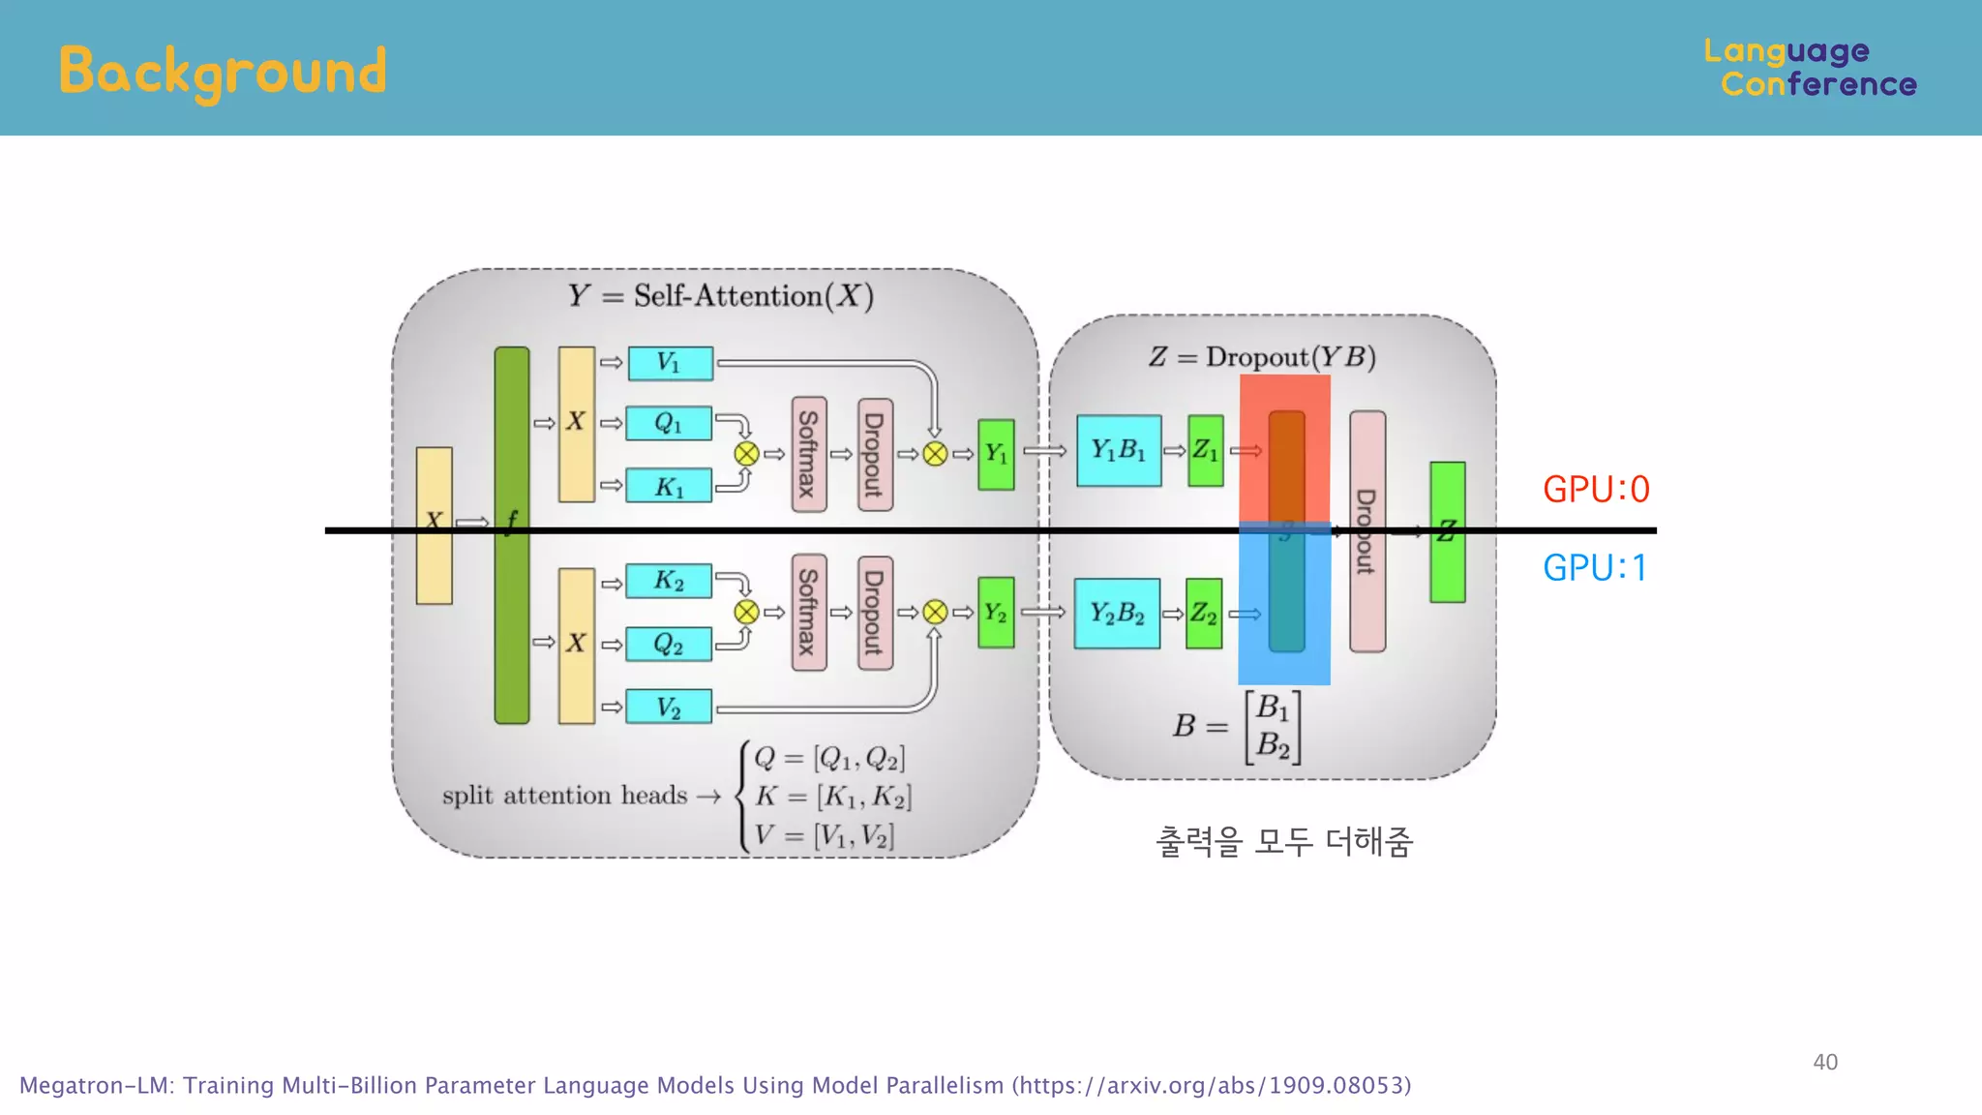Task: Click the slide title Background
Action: [223, 72]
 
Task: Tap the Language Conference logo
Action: [1810, 68]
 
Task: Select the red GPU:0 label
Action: [1596, 490]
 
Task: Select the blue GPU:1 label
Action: [1595, 567]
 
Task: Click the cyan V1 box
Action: [670, 363]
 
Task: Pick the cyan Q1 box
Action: [669, 423]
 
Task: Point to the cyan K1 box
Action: [669, 486]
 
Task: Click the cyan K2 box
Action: [669, 581]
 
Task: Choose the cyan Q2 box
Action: [669, 644]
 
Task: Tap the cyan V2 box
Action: [669, 707]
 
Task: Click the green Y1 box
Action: [996, 454]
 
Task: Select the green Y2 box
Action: [996, 613]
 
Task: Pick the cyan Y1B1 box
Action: [1119, 450]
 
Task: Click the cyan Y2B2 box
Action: [1117, 613]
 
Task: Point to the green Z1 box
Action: [1206, 450]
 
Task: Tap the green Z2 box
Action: [1204, 613]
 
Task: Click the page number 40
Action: [1825, 1062]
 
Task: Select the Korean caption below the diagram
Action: [1284, 841]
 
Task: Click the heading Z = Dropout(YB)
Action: [1262, 357]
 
